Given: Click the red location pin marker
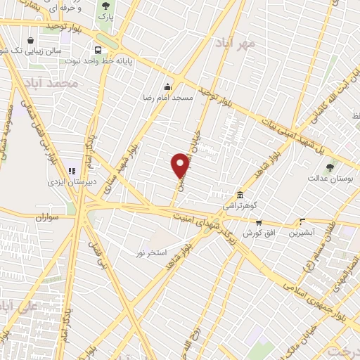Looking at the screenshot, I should [x=180, y=166].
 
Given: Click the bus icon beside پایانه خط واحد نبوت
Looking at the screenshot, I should [x=98, y=50].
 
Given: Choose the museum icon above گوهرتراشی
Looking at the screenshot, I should [x=240, y=195].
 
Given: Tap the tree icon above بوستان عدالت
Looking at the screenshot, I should [x=330, y=167].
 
